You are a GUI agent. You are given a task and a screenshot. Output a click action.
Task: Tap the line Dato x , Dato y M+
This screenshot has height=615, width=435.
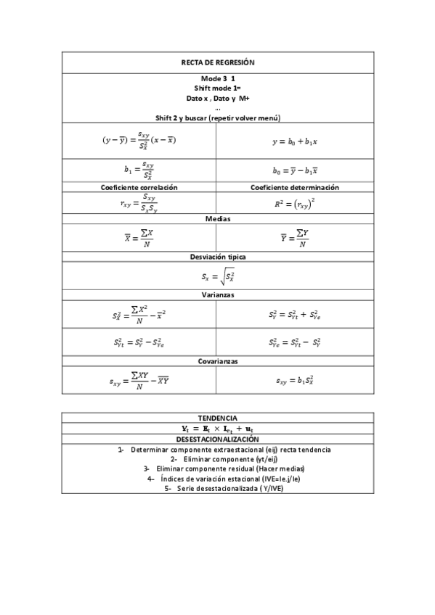[x=217, y=98]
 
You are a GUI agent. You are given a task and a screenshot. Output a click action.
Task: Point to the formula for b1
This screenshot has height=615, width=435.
[x=139, y=170]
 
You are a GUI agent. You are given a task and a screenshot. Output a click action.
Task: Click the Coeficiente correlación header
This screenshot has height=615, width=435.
[x=139, y=187]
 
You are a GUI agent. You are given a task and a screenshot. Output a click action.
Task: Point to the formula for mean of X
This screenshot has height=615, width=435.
[x=139, y=236]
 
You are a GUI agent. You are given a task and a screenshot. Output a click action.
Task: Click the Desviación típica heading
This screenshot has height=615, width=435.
[x=217, y=256]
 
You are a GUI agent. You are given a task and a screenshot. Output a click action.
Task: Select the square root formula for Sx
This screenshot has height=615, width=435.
[x=217, y=276]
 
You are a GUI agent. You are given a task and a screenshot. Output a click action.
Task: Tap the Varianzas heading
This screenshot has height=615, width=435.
[x=217, y=295]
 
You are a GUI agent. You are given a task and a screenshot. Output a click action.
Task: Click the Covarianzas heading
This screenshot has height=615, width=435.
[x=217, y=360]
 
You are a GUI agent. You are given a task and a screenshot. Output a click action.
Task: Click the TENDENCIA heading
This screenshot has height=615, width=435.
[x=217, y=418]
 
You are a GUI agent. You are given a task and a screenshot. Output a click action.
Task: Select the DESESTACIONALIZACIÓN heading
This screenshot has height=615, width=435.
[x=217, y=439]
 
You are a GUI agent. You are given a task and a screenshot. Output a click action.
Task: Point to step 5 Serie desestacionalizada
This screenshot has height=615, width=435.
[x=217, y=488]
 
